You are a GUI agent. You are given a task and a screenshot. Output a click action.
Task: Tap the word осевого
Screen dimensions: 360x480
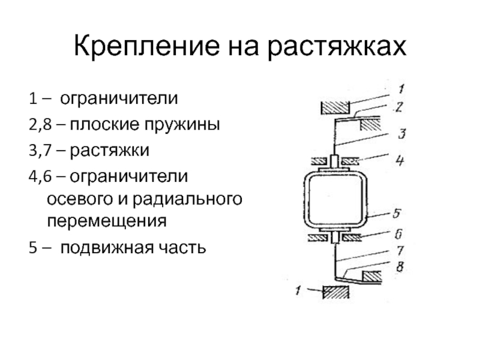point(79,198)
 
